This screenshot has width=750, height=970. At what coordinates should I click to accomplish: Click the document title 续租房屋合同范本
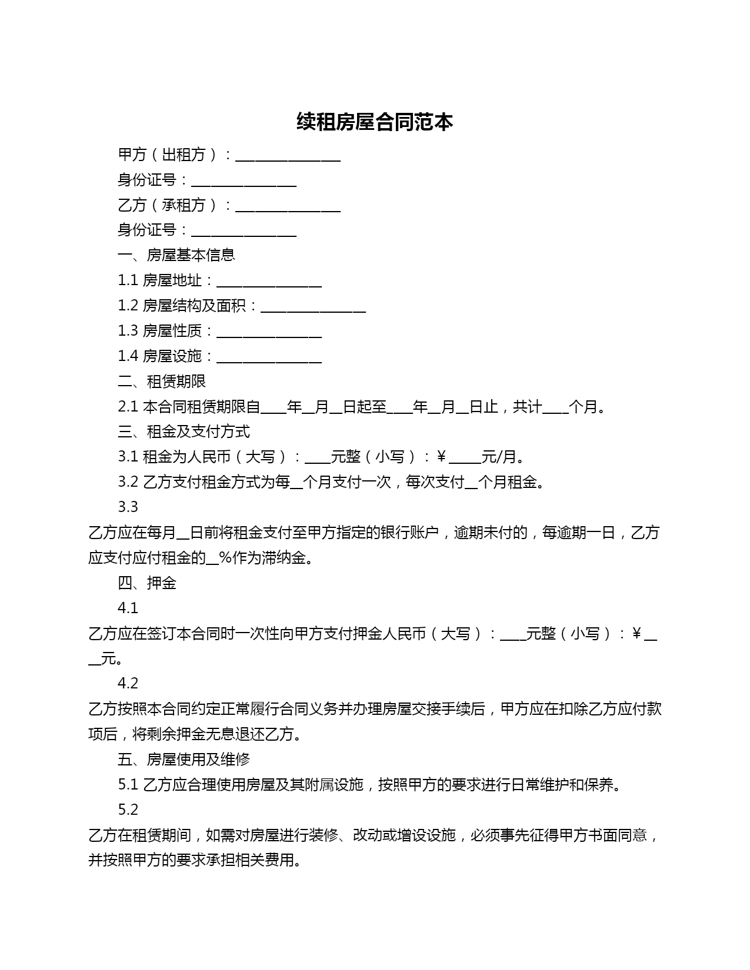(375, 122)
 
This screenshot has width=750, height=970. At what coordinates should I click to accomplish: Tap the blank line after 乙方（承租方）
(288, 208)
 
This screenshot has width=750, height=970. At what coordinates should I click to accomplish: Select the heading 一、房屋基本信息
(176, 255)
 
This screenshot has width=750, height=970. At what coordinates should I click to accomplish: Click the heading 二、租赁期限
(162, 382)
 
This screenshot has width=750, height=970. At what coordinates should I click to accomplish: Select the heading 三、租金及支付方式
(184, 432)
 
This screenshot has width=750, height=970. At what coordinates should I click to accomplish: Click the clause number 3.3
(128, 507)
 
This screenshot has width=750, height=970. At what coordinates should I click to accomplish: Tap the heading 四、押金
(147, 583)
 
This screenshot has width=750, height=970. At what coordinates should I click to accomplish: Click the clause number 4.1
(128, 608)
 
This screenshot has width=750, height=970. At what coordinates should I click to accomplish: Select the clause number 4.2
(128, 683)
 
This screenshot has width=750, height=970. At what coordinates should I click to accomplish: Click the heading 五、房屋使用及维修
(184, 760)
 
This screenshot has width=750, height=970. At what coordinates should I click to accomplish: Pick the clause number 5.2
(128, 810)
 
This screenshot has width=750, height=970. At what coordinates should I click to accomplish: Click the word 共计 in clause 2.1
(527, 407)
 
